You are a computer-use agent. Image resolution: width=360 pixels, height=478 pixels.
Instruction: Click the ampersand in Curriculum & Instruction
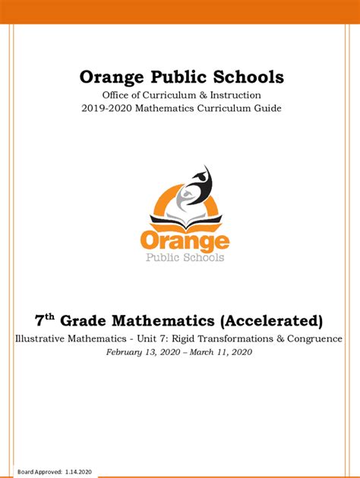[x=209, y=95]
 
